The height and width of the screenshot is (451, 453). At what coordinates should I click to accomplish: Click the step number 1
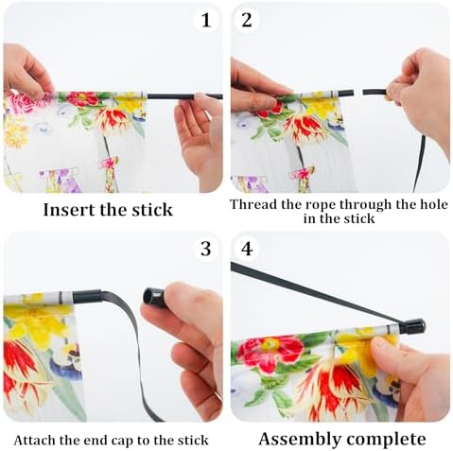click(x=206, y=21)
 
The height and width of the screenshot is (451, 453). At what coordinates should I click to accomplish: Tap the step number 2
click(x=247, y=20)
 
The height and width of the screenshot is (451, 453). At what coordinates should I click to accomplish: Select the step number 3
click(x=205, y=249)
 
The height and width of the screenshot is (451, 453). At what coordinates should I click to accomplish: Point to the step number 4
click(x=247, y=249)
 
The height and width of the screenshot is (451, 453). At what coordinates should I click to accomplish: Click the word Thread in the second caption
click(x=253, y=204)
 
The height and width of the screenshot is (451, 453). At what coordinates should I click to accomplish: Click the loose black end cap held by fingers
click(x=154, y=296)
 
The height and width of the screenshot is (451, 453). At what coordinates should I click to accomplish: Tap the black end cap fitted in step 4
click(x=414, y=327)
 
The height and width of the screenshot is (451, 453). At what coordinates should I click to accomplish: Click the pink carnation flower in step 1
click(x=25, y=101)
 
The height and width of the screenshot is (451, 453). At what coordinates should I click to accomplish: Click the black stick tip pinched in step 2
click(x=375, y=93)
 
